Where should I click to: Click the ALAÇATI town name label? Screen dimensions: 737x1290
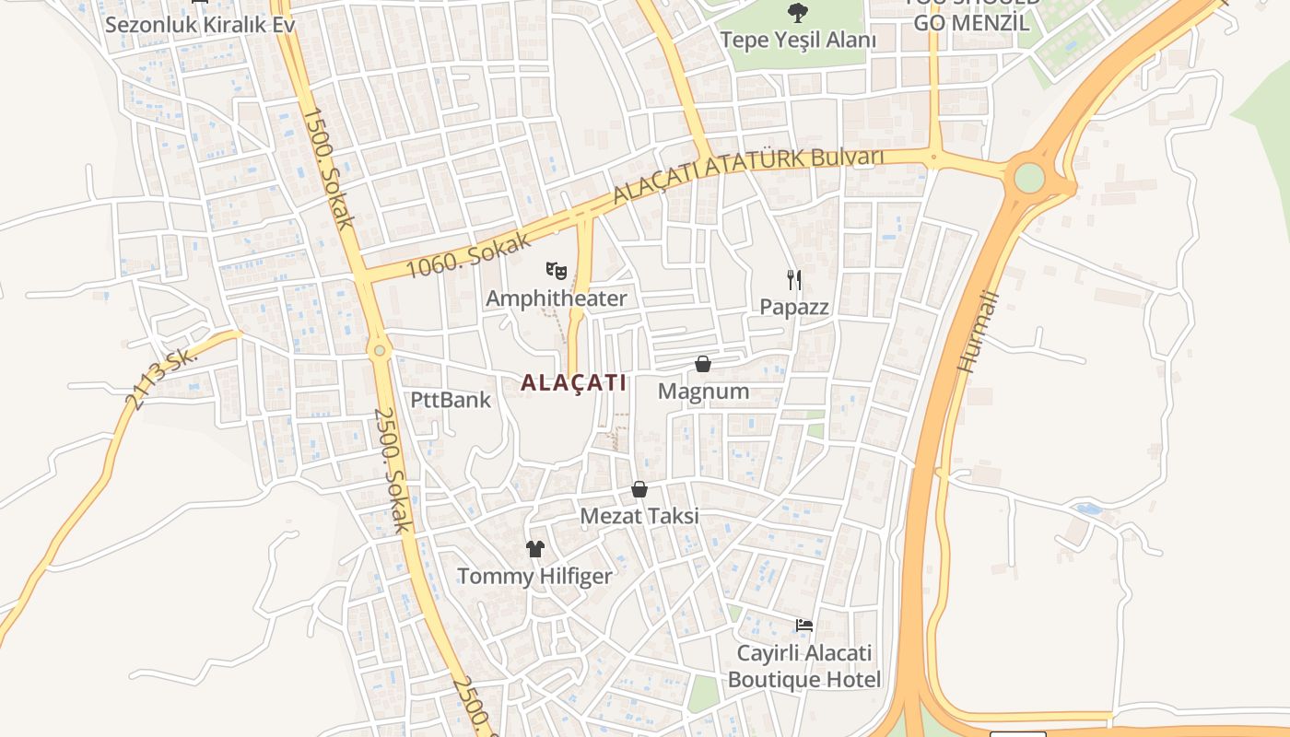(x=573, y=382)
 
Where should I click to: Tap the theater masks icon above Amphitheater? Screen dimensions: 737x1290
(x=556, y=271)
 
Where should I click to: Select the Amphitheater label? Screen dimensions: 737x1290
(x=556, y=298)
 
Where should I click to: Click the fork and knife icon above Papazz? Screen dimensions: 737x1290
(x=794, y=279)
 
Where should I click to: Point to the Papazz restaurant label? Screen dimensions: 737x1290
(x=794, y=307)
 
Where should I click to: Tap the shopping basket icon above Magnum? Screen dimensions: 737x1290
(x=703, y=364)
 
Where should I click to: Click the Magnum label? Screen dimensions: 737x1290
(x=703, y=392)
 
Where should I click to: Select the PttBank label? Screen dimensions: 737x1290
(x=451, y=400)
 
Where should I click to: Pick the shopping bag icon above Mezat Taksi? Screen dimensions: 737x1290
(x=639, y=489)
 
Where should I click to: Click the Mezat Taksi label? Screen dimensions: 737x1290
(x=639, y=516)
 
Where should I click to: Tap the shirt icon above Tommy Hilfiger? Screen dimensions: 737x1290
(x=535, y=549)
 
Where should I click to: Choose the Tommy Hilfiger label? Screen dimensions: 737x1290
(x=535, y=577)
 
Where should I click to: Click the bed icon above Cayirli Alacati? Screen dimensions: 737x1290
(x=804, y=626)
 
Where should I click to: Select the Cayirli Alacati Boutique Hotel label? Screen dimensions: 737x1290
(x=804, y=667)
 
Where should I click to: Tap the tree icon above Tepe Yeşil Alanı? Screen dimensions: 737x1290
(x=797, y=13)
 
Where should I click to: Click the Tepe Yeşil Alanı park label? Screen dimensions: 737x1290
(x=797, y=40)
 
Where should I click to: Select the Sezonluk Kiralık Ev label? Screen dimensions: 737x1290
(x=200, y=24)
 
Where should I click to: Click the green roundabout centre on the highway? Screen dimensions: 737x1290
(x=1029, y=178)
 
